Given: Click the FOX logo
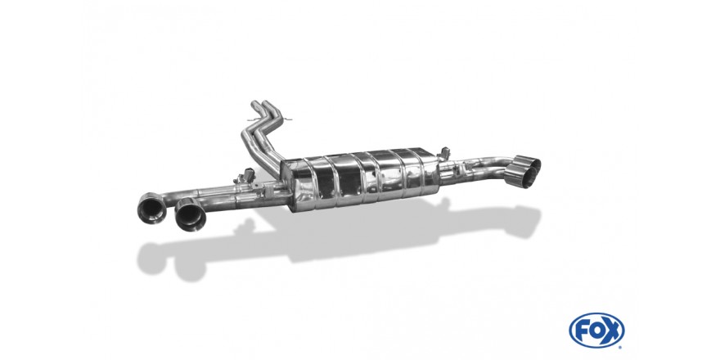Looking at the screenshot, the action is point(596,331).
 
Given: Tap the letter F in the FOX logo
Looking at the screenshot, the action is point(583,331).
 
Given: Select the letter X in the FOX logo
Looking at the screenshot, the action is point(612,331).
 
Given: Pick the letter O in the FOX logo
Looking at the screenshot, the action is point(596,331).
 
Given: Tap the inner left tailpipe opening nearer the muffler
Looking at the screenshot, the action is point(191,214).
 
